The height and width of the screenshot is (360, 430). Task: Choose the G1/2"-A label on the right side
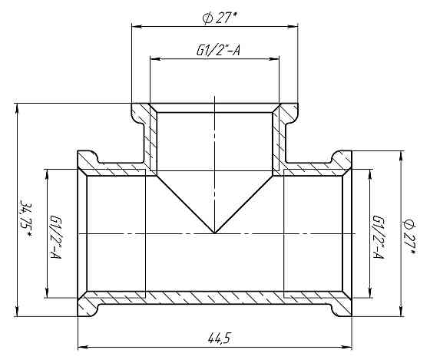coord(377,236)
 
